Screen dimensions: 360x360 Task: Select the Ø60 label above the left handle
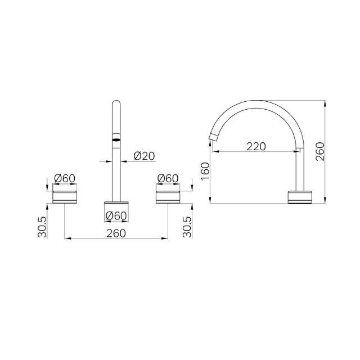[x=65, y=178]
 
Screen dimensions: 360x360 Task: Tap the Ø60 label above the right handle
[x=168, y=178]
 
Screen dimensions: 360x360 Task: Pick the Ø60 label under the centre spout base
[x=116, y=215]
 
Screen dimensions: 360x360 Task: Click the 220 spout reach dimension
[x=256, y=146]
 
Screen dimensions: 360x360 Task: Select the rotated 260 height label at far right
[x=320, y=151]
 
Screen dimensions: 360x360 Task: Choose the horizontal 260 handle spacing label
[x=116, y=232]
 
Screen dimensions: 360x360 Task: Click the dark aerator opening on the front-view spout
[x=116, y=137]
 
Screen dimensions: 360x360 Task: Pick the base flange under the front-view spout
[x=116, y=202]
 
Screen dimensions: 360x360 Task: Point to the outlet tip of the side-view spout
[x=214, y=137]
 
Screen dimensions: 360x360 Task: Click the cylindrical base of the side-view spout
[x=298, y=197]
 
